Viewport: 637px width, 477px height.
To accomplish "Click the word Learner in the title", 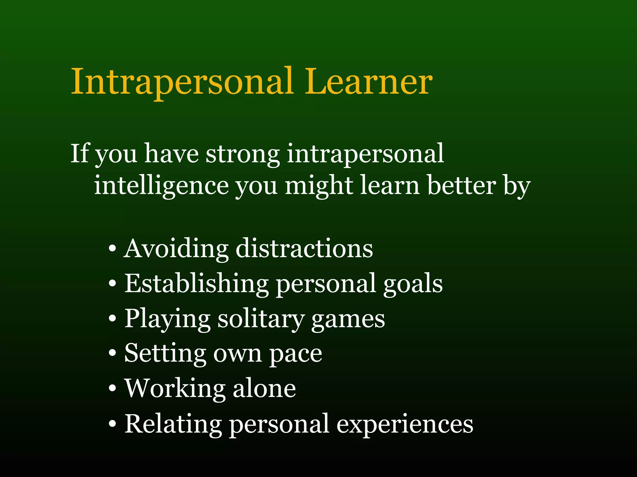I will click(368, 82).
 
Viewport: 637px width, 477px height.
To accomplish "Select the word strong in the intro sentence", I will click(243, 155).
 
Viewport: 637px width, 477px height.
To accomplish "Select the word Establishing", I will click(197, 284).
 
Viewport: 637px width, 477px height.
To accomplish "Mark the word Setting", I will click(165, 354).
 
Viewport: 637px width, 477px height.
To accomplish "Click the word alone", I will click(264, 389).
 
